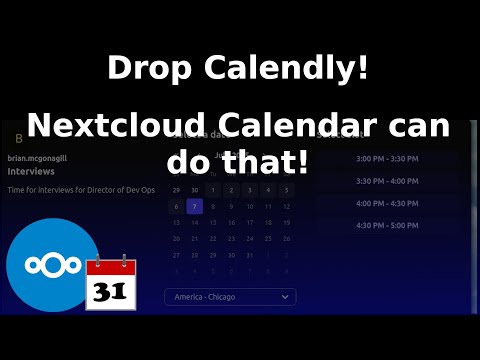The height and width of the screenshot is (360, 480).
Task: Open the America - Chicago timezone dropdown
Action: click(230, 297)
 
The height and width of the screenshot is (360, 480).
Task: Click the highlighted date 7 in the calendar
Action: click(194, 207)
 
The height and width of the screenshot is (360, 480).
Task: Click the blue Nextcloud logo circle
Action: click(52, 265)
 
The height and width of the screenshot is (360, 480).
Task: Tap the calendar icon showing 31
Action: click(110, 285)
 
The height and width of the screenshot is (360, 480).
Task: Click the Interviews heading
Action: click(31, 171)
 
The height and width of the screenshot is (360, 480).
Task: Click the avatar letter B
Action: click(18, 138)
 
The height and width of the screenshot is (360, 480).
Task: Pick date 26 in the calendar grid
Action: click(286, 239)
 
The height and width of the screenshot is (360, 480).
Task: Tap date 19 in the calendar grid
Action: click(286, 223)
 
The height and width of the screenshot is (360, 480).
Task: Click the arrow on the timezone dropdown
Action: click(285, 297)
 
